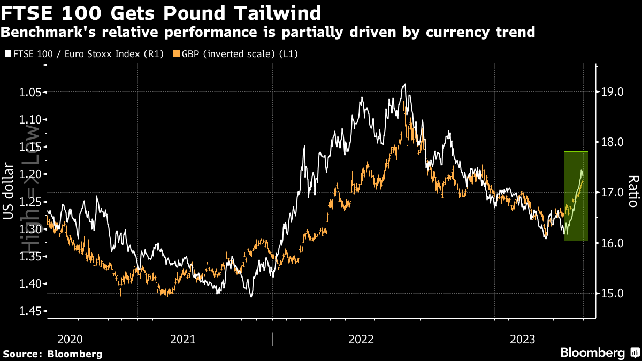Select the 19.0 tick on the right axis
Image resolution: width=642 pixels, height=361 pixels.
click(x=613, y=92)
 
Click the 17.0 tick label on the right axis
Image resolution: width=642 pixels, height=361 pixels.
click(x=613, y=193)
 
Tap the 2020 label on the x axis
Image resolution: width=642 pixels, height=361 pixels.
click(x=70, y=339)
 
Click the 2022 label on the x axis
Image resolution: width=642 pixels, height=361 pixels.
click(x=361, y=339)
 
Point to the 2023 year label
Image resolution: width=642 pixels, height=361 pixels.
click(x=523, y=339)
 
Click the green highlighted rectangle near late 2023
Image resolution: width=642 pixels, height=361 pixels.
click(x=576, y=196)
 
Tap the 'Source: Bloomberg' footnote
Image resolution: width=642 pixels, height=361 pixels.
click(x=52, y=354)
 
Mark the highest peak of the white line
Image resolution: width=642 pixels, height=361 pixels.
click(x=404, y=85)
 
